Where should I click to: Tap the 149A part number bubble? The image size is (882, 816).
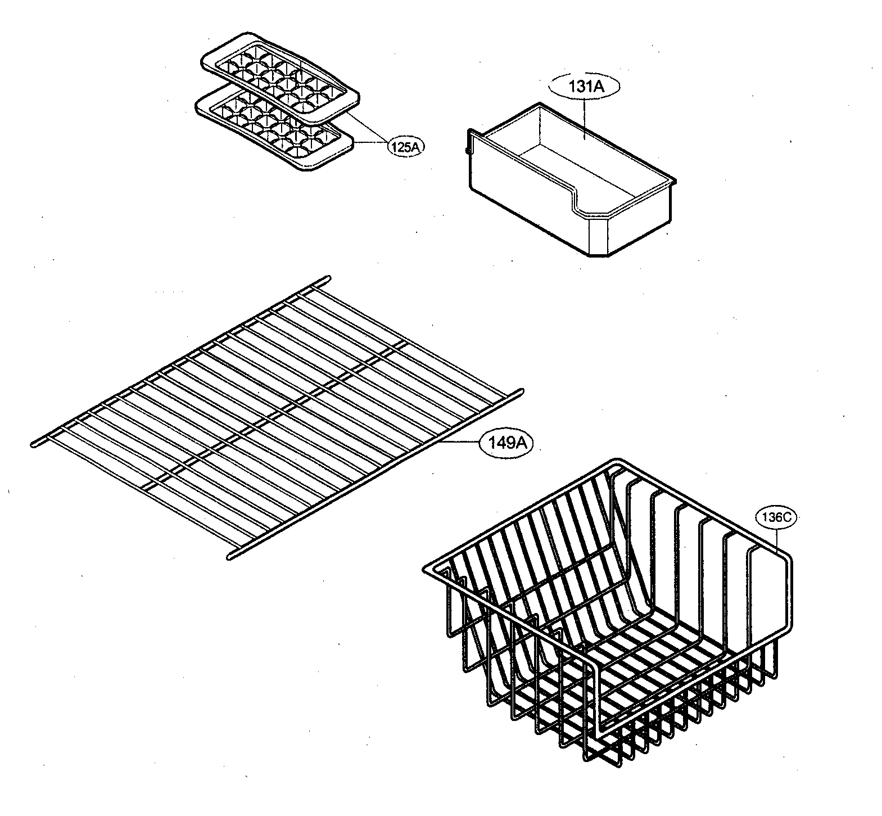point(506,443)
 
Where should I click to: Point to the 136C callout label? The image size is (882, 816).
point(776,518)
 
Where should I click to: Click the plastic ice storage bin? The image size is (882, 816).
point(568,180)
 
